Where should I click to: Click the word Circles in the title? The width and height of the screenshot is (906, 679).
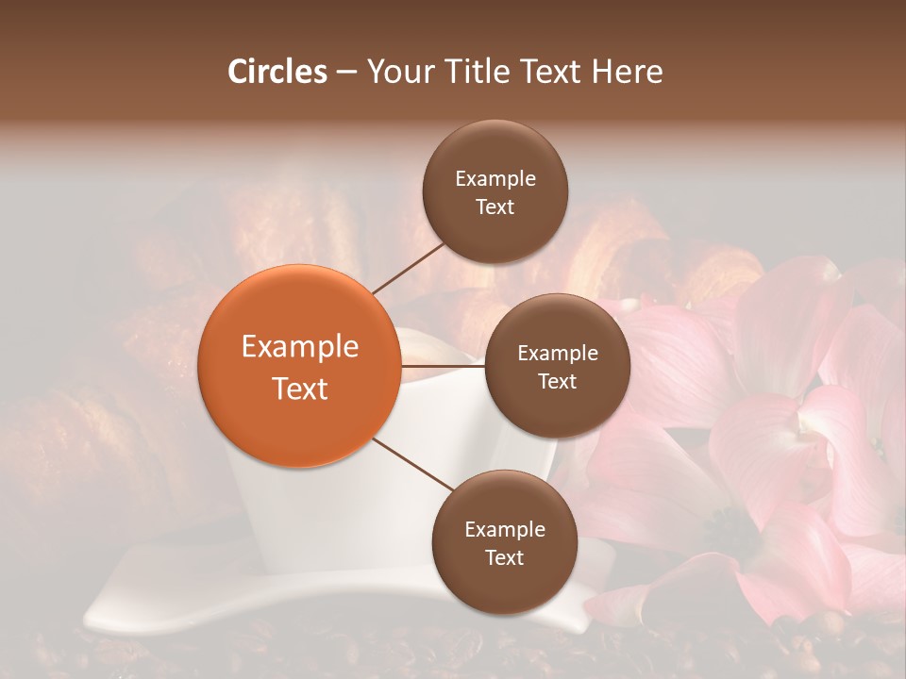coord(277,72)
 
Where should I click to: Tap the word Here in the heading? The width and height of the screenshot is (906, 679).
coord(627,72)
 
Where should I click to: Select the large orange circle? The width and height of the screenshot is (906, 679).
coord(299,366)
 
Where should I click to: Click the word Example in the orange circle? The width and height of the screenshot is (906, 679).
coord(299,347)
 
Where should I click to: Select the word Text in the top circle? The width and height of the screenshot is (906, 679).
coord(495,207)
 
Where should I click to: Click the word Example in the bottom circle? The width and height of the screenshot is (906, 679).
coord(504,530)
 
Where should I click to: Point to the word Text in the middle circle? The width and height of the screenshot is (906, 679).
coord(557,382)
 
